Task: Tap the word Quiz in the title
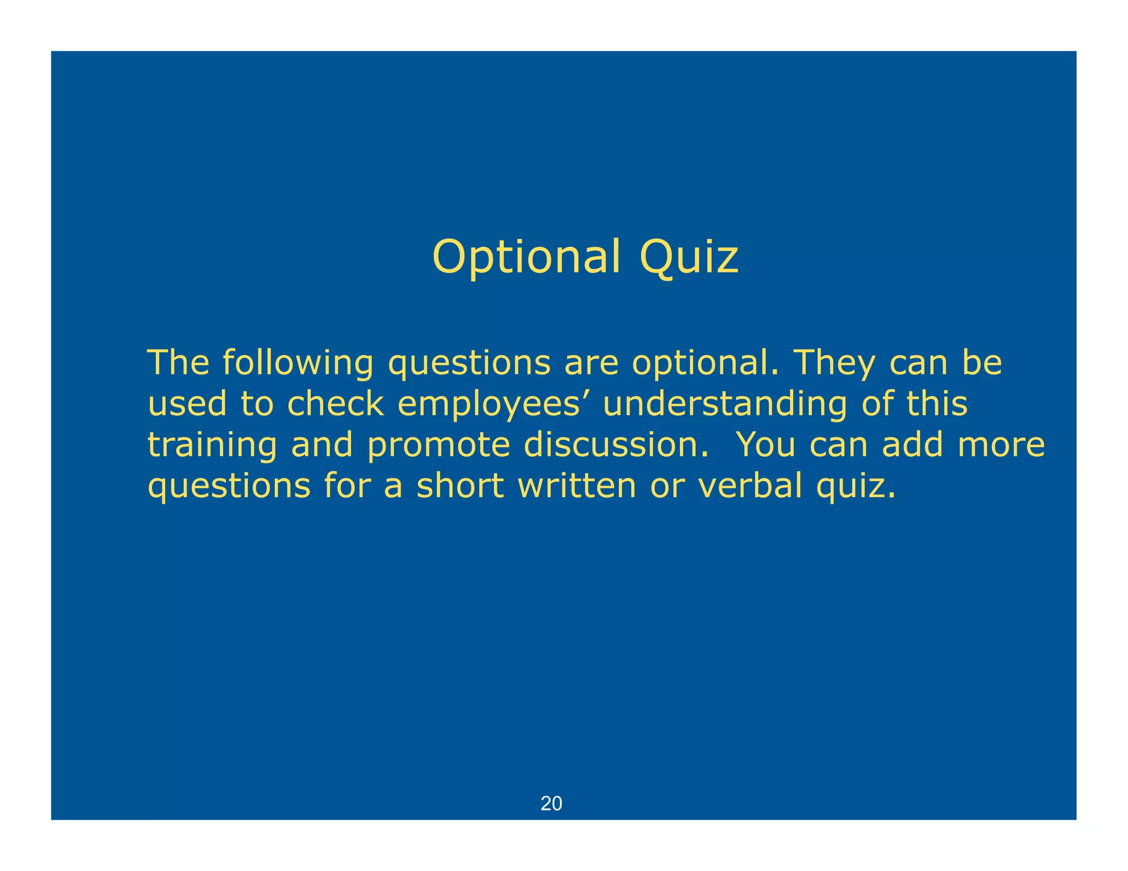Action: click(688, 257)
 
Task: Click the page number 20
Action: click(551, 803)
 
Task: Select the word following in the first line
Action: click(297, 363)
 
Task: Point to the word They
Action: click(833, 363)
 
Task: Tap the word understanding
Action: click(725, 404)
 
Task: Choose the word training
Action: click(212, 445)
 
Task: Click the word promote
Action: click(439, 445)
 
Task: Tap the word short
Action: click(460, 486)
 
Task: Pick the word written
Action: click(577, 486)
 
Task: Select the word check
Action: click(335, 404)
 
